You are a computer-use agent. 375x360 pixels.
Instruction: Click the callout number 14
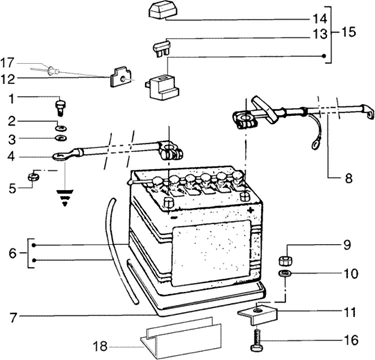319,19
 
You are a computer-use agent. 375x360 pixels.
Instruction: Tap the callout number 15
348,33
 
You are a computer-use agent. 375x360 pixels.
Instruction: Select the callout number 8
348,179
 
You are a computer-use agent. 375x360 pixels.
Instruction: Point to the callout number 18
100,347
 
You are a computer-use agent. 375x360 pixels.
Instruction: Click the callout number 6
12,254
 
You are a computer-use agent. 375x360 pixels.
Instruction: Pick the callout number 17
7,63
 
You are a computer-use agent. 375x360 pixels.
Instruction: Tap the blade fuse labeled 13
162,47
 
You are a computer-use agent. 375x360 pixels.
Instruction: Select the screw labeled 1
60,106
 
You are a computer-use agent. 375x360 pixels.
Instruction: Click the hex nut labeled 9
285,260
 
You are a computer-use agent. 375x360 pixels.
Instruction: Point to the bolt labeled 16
257,339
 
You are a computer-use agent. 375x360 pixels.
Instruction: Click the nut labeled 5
33,176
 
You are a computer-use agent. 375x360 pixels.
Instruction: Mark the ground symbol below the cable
65,198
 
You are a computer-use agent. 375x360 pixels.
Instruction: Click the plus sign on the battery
250,210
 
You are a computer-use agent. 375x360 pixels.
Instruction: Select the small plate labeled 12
120,77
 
